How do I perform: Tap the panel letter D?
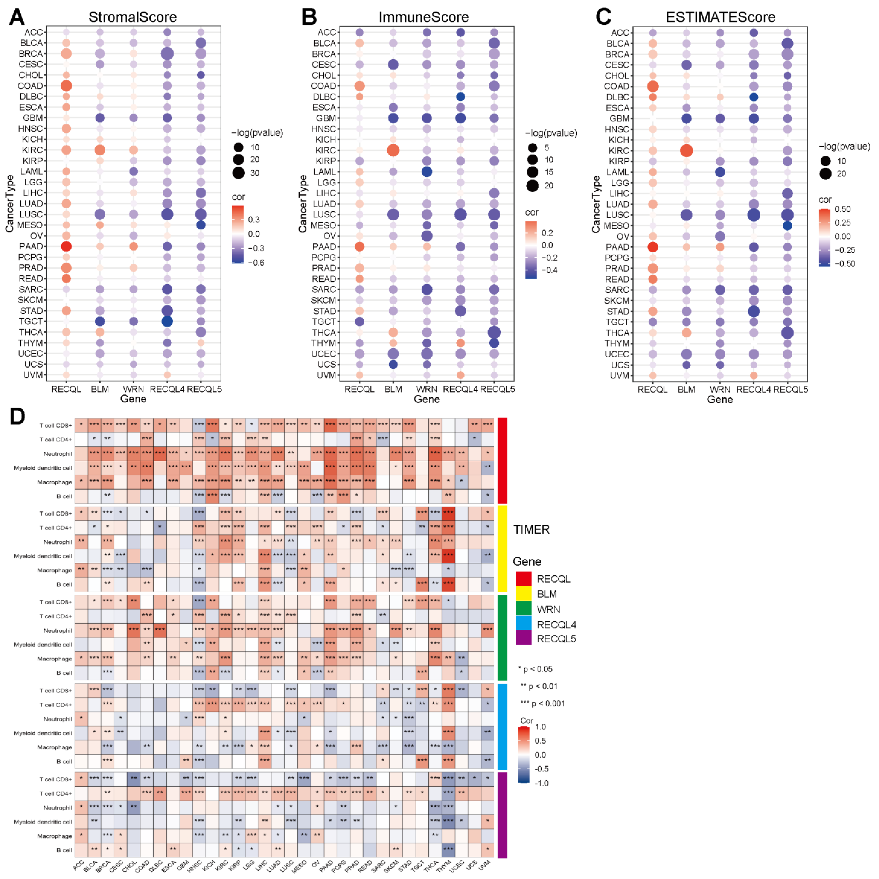pos(17,416)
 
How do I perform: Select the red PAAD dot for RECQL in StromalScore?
pos(66,246)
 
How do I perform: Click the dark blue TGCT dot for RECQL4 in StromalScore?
pos(167,321)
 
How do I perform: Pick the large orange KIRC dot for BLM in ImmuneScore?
pos(393,150)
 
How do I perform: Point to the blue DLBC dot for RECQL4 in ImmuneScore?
pos(461,97)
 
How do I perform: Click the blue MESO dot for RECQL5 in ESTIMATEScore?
pos(788,226)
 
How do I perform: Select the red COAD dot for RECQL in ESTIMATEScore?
pos(653,86)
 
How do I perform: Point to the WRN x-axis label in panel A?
pos(133,389)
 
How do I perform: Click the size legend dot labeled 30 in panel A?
pos(239,173)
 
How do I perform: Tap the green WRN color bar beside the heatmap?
pos(502,637)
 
